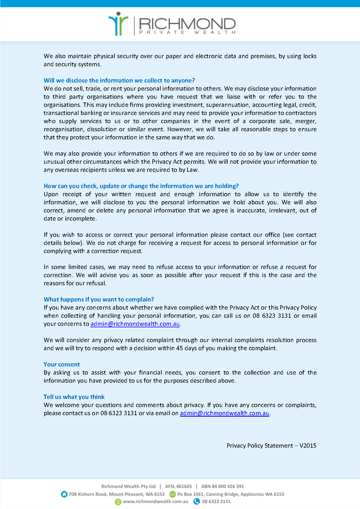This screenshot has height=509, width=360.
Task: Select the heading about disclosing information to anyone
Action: (x=119, y=80)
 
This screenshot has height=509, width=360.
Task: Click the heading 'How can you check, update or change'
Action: (x=141, y=186)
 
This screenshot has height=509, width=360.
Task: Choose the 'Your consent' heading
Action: (x=62, y=364)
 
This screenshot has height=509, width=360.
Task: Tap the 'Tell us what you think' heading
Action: (x=74, y=397)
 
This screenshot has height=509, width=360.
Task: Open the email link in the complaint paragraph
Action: (x=136, y=324)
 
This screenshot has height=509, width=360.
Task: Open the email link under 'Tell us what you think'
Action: (x=225, y=413)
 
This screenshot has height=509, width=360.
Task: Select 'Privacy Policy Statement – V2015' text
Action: (x=271, y=446)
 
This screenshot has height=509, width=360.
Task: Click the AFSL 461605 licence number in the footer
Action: (x=179, y=487)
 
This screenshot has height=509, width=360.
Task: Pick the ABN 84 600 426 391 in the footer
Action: (x=223, y=487)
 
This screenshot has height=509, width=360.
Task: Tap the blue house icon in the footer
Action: (x=64, y=494)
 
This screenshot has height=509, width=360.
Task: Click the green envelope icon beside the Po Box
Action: (x=173, y=494)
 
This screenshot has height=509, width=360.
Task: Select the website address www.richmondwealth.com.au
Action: (x=156, y=502)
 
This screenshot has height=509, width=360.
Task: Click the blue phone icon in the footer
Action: (x=197, y=502)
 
